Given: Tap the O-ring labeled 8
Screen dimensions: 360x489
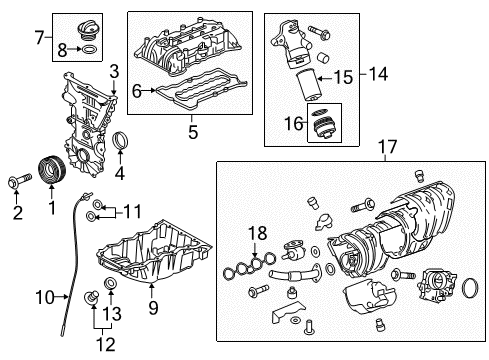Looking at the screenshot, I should click(x=89, y=48).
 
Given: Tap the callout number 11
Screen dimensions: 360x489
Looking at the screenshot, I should click(x=132, y=211).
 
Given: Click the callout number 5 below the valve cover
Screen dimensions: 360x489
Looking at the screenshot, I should click(x=193, y=130).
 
